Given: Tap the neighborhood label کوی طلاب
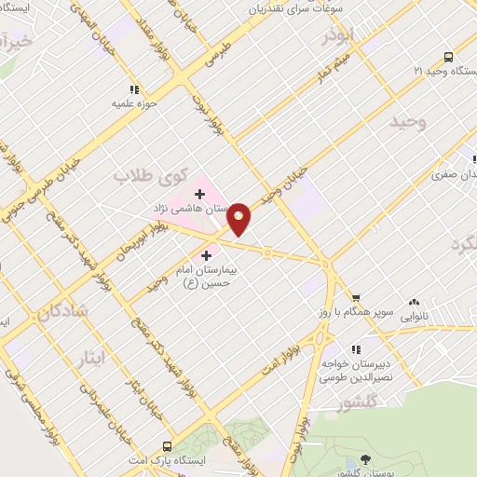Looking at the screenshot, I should [x=151, y=174].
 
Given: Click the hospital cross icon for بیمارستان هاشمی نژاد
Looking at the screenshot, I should [x=199, y=193].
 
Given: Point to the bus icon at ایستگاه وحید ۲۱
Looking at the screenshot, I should [x=448, y=57].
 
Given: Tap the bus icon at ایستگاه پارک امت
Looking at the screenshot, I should [x=167, y=445].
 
